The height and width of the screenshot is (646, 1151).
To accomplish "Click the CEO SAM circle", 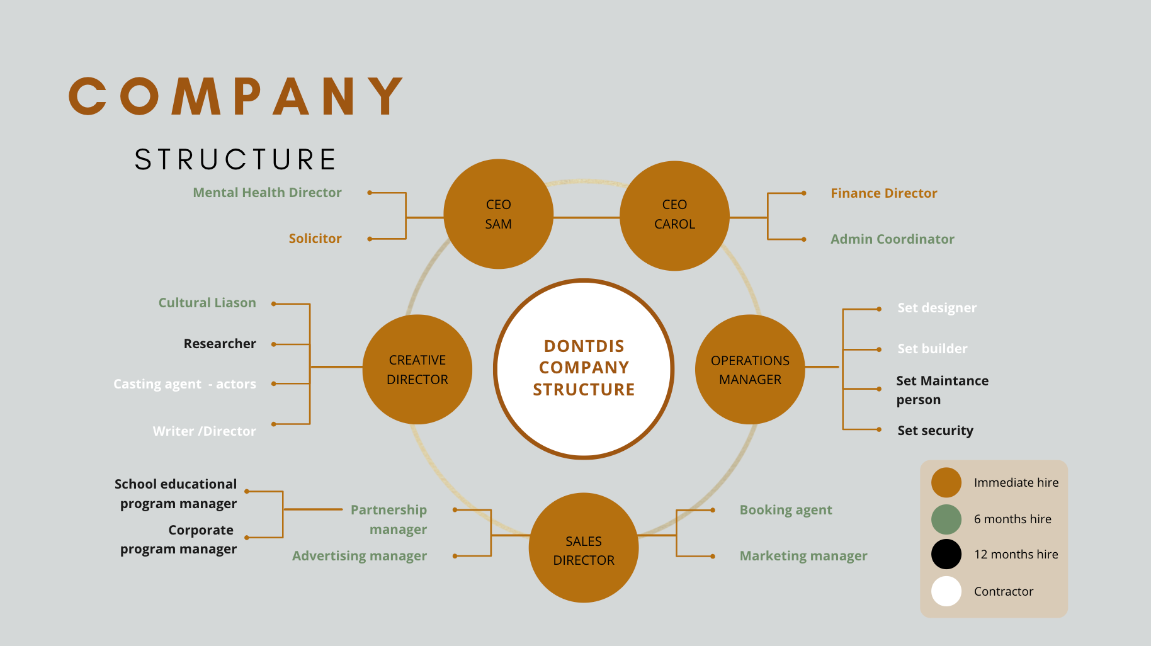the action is pos(499,214).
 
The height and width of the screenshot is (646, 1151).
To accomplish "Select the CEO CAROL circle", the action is pos(675,216).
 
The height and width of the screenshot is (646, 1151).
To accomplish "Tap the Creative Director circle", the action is pos(417,370).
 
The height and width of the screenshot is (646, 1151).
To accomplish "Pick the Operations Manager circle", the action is pos(750,370).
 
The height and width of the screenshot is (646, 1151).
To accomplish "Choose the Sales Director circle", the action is pos(584,548).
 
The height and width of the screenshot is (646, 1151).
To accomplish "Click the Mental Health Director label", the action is pos(267,193).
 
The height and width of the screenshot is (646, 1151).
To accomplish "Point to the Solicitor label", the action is pos(315,239).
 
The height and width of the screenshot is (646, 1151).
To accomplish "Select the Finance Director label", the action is pos(883,193).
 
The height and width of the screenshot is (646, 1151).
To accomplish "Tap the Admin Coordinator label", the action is pos(892,239).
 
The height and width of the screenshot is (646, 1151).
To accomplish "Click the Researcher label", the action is pos(220,344).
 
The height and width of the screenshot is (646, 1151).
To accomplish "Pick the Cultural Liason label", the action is pos(207,303).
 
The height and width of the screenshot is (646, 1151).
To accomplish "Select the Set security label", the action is pos(935,431).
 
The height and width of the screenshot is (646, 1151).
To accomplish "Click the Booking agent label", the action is pos(786,510).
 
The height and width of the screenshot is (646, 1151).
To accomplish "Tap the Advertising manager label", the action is pos(360,556).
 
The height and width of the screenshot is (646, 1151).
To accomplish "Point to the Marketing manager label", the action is pos(803,556).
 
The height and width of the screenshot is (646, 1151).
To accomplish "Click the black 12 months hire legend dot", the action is pos(946,554).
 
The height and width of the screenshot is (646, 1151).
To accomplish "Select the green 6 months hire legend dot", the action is pos(946,519).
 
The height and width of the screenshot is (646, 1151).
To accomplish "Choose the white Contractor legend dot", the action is pos(946,591).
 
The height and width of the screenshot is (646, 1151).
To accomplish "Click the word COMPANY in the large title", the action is pos(236,96).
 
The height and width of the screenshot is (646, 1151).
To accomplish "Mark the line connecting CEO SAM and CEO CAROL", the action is pos(587,218).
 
